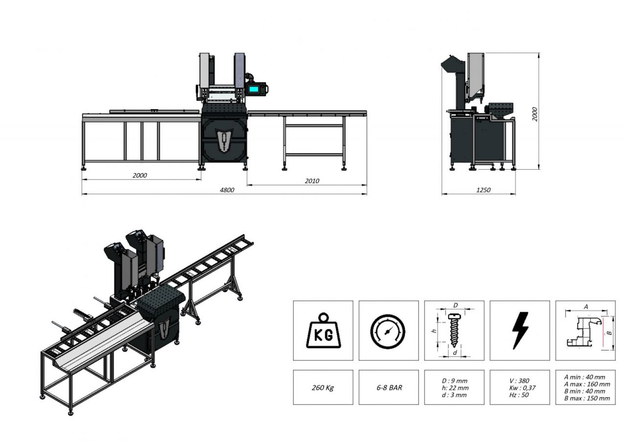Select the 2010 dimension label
coord(312,181)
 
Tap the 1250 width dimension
coord(483,190)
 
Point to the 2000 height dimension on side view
coord(535,114)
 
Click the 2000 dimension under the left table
coord(139,175)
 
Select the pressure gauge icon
coord(388,331)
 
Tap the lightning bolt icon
coord(520,331)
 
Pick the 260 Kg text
coord(323,387)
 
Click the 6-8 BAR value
coord(388,387)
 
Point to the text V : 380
coord(518,380)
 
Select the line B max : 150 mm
coord(587,398)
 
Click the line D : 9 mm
coord(454,380)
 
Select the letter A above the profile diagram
coord(586,307)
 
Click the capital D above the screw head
coord(455,305)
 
